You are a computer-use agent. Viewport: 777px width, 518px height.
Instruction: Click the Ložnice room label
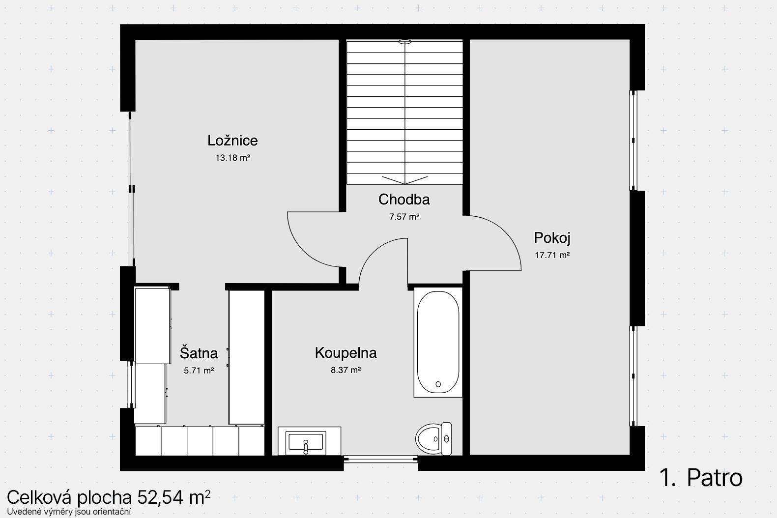pyautogui.click(x=232, y=141)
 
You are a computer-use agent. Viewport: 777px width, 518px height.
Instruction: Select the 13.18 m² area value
pyautogui.click(x=233, y=158)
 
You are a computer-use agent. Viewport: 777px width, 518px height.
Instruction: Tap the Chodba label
pyautogui.click(x=404, y=200)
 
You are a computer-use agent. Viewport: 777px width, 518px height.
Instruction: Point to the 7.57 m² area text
pyautogui.click(x=404, y=217)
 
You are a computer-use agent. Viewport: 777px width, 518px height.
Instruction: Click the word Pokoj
pyautogui.click(x=552, y=238)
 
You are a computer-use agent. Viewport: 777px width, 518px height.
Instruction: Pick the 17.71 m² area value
pyautogui.click(x=552, y=255)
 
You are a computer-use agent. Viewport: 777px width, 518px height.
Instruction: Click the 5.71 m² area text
pyautogui.click(x=199, y=371)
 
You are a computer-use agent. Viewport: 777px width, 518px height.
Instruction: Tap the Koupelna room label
pyautogui.click(x=346, y=353)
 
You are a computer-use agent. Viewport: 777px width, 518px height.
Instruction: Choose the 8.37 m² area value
pyautogui.click(x=346, y=370)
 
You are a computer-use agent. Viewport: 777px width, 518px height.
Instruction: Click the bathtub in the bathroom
pyautogui.click(x=438, y=342)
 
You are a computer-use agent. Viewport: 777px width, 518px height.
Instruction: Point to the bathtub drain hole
pyautogui.click(x=438, y=384)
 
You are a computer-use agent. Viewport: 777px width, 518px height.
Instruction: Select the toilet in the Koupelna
pyautogui.click(x=433, y=438)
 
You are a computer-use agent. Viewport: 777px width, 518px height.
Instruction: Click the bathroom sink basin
pyautogui.click(x=306, y=442)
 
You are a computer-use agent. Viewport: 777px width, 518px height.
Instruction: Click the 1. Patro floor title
pyautogui.click(x=701, y=478)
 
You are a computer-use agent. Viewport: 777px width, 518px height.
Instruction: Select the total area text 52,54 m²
pyautogui.click(x=174, y=497)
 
